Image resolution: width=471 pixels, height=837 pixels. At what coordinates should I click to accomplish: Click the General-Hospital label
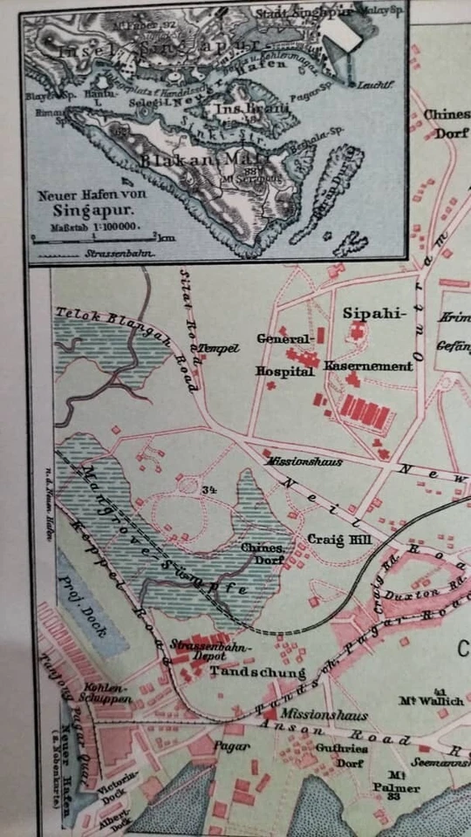[284, 354]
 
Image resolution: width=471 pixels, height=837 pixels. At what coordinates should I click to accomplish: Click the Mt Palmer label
[400, 782]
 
